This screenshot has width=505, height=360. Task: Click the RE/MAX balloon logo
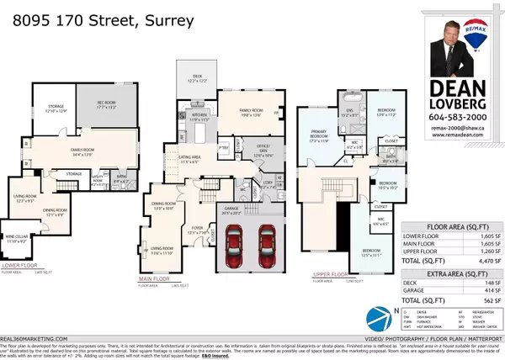tap(480, 27)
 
